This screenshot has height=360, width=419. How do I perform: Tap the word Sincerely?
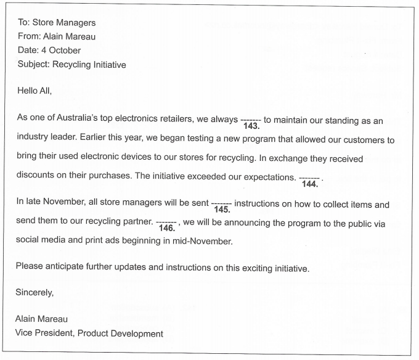pos(35,293)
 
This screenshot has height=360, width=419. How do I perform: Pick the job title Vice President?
pos(45,333)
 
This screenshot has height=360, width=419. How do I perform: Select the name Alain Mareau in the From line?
pos(68,36)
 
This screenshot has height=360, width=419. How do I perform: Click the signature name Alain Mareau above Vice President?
pos(42,319)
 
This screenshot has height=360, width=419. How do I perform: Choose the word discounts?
pos(37,176)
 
